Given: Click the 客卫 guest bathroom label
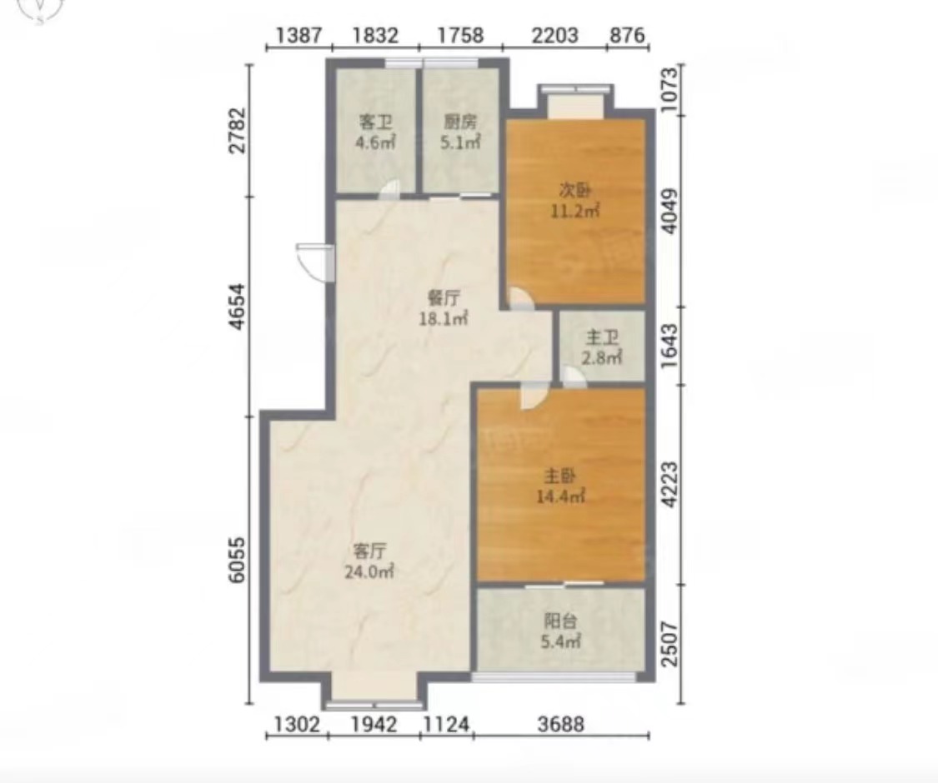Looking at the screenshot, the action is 375,122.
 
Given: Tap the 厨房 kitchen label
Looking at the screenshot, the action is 460,122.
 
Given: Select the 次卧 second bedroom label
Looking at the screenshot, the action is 575,191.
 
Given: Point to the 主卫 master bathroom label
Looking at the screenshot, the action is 602,338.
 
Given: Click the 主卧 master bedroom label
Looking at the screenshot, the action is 560,476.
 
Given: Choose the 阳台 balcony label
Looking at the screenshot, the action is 560,621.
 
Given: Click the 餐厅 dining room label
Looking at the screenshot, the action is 444,297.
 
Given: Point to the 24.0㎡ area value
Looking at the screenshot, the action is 369,572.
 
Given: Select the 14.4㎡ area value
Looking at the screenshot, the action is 560,496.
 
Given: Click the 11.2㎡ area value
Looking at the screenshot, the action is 575,211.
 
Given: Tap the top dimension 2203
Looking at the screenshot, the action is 554,36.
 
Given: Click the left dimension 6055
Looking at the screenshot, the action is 238,560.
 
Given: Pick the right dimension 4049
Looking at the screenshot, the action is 671,212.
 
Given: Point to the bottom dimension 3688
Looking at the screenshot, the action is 560,724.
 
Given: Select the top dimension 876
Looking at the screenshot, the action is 628,36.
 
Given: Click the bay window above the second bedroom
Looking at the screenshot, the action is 576,101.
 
